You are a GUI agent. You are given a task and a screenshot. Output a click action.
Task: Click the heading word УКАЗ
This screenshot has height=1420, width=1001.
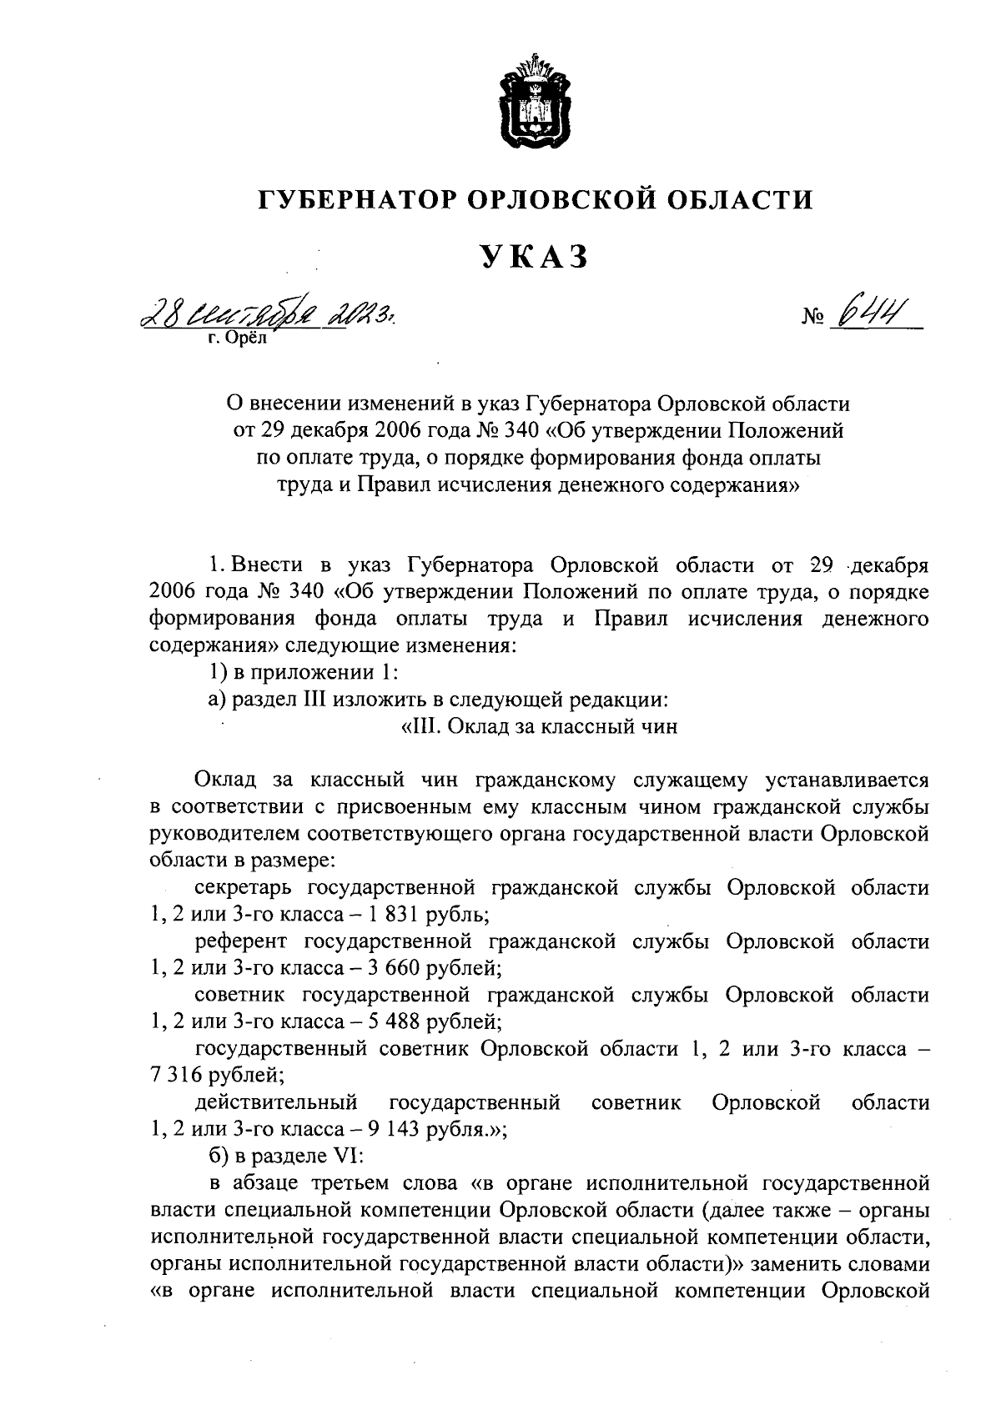(x=534, y=257)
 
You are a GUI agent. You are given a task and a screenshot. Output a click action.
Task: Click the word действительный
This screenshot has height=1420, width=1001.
(x=276, y=1103)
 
